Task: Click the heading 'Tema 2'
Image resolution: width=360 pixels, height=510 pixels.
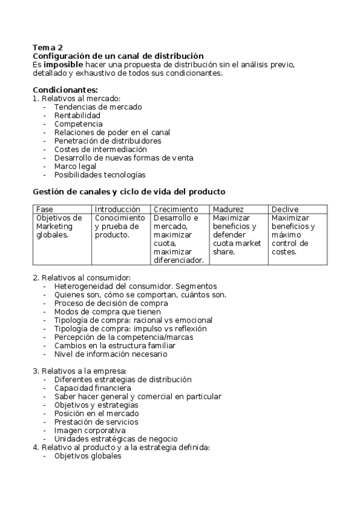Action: tap(47, 47)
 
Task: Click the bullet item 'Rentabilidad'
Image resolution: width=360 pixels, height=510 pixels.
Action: tap(77, 115)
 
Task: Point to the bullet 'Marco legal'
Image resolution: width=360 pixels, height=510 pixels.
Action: tap(75, 166)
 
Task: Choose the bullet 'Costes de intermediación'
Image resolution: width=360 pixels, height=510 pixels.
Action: tap(100, 149)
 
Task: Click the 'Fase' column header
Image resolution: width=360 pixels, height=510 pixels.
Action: tap(44, 209)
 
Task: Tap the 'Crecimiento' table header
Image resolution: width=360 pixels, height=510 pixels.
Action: tap(175, 209)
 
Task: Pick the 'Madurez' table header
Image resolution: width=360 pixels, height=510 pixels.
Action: tap(228, 209)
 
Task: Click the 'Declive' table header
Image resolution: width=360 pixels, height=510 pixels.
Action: tap(285, 209)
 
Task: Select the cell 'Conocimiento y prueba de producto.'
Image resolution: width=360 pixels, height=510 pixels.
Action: tap(120, 226)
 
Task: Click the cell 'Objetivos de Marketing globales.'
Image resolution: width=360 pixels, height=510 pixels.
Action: tap(59, 226)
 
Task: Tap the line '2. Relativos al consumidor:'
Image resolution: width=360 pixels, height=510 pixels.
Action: tap(82, 278)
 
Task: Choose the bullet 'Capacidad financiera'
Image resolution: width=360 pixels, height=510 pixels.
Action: tap(92, 388)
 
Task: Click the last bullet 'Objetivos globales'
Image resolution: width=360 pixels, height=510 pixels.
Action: tap(88, 456)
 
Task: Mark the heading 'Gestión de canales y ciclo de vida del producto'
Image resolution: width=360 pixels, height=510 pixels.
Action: tap(129, 192)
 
